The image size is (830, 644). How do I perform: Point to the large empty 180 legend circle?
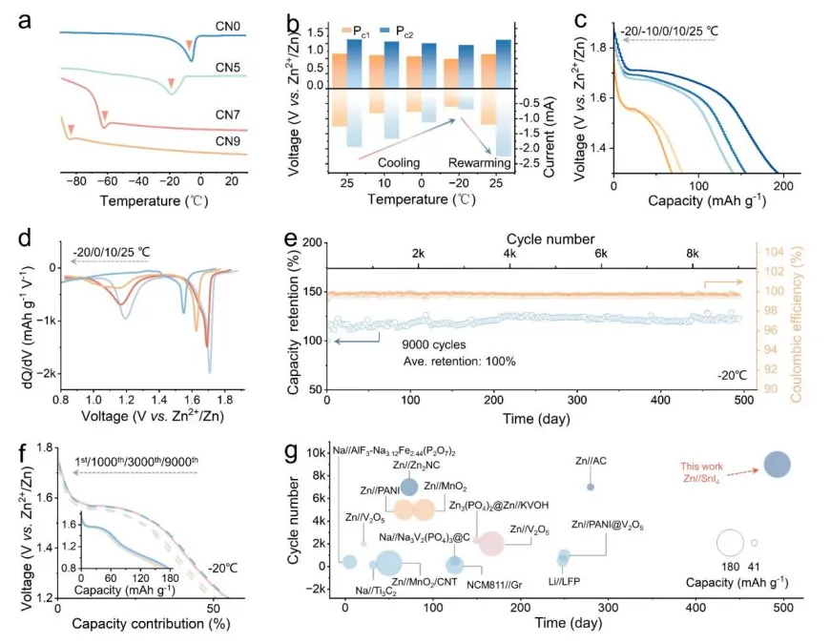click(730, 543)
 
